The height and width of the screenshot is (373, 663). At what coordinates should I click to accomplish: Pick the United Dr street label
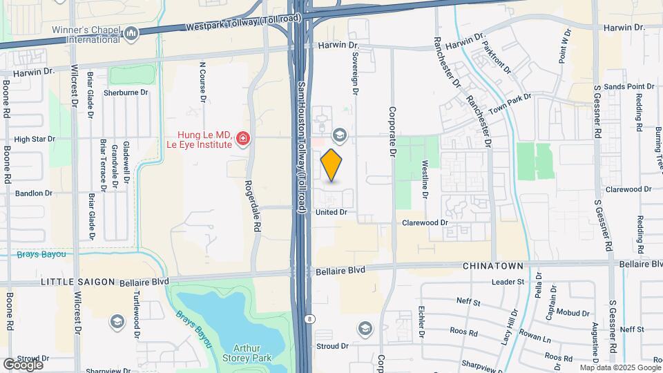pyautogui.click(x=331, y=212)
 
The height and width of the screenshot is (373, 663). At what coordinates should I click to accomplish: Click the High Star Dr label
pyautogui.click(x=34, y=139)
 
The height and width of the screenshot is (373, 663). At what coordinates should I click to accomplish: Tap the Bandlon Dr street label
pyautogui.click(x=34, y=193)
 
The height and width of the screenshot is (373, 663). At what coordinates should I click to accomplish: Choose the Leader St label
pyautogui.click(x=508, y=282)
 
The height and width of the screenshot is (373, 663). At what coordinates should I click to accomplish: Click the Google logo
pyautogui.click(x=23, y=364)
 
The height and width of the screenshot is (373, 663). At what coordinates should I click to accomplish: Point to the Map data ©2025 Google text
pyautogui.click(x=619, y=367)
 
